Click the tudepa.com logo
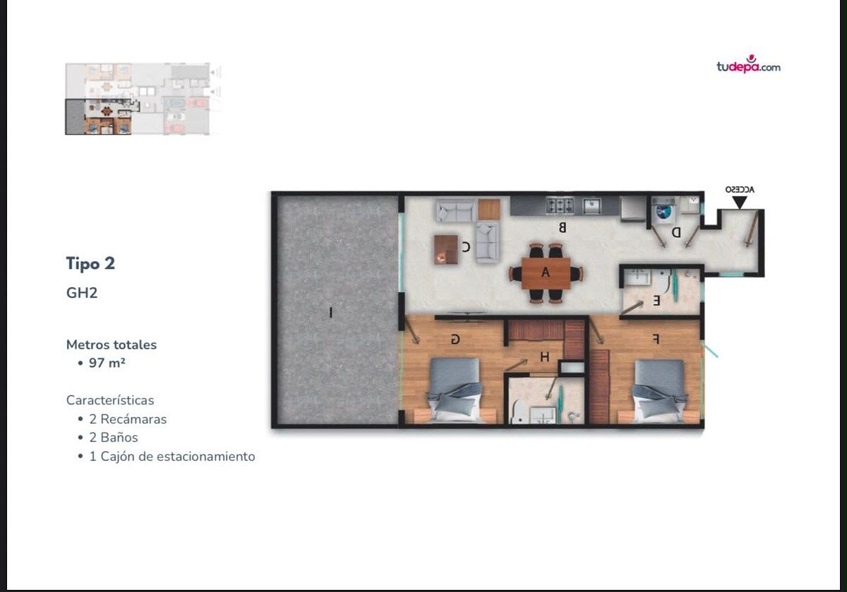(748, 64)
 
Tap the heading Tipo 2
(90, 263)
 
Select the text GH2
(82, 293)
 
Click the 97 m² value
(107, 363)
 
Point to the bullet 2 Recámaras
(128, 419)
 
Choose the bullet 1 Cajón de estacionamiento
(172, 457)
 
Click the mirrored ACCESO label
(740, 189)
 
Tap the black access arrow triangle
(740, 203)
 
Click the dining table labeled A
(546, 273)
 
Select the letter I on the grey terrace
(331, 313)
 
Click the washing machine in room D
(663, 212)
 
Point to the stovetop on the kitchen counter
(560, 206)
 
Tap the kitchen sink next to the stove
(591, 206)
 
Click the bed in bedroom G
(455, 390)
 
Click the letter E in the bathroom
(656, 301)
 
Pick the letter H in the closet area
(545, 357)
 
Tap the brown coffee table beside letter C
(446, 250)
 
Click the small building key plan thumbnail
(143, 99)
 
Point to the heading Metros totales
(112, 345)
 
